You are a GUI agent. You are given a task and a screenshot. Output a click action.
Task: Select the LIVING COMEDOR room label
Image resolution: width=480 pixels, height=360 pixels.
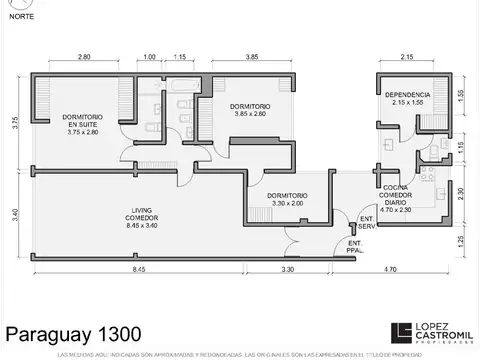(142, 217)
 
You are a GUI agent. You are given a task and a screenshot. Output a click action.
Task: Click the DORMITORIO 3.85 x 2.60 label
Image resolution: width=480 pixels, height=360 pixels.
(249, 111)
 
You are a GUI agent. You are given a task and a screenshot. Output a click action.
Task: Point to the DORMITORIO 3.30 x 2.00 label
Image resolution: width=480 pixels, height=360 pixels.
(287, 199)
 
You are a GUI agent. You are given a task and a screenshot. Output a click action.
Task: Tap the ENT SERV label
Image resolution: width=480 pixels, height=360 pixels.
(367, 221)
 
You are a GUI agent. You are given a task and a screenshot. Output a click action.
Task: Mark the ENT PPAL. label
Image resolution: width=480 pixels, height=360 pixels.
(355, 245)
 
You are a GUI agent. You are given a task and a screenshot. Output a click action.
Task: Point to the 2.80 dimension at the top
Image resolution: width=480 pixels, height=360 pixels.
(84, 57)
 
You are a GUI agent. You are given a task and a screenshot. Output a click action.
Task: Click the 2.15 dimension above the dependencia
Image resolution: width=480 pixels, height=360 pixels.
(406, 57)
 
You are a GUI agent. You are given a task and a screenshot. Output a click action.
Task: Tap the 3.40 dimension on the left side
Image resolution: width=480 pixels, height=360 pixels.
(15, 213)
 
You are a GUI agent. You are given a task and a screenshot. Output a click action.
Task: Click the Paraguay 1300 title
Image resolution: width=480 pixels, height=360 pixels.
(74, 333)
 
